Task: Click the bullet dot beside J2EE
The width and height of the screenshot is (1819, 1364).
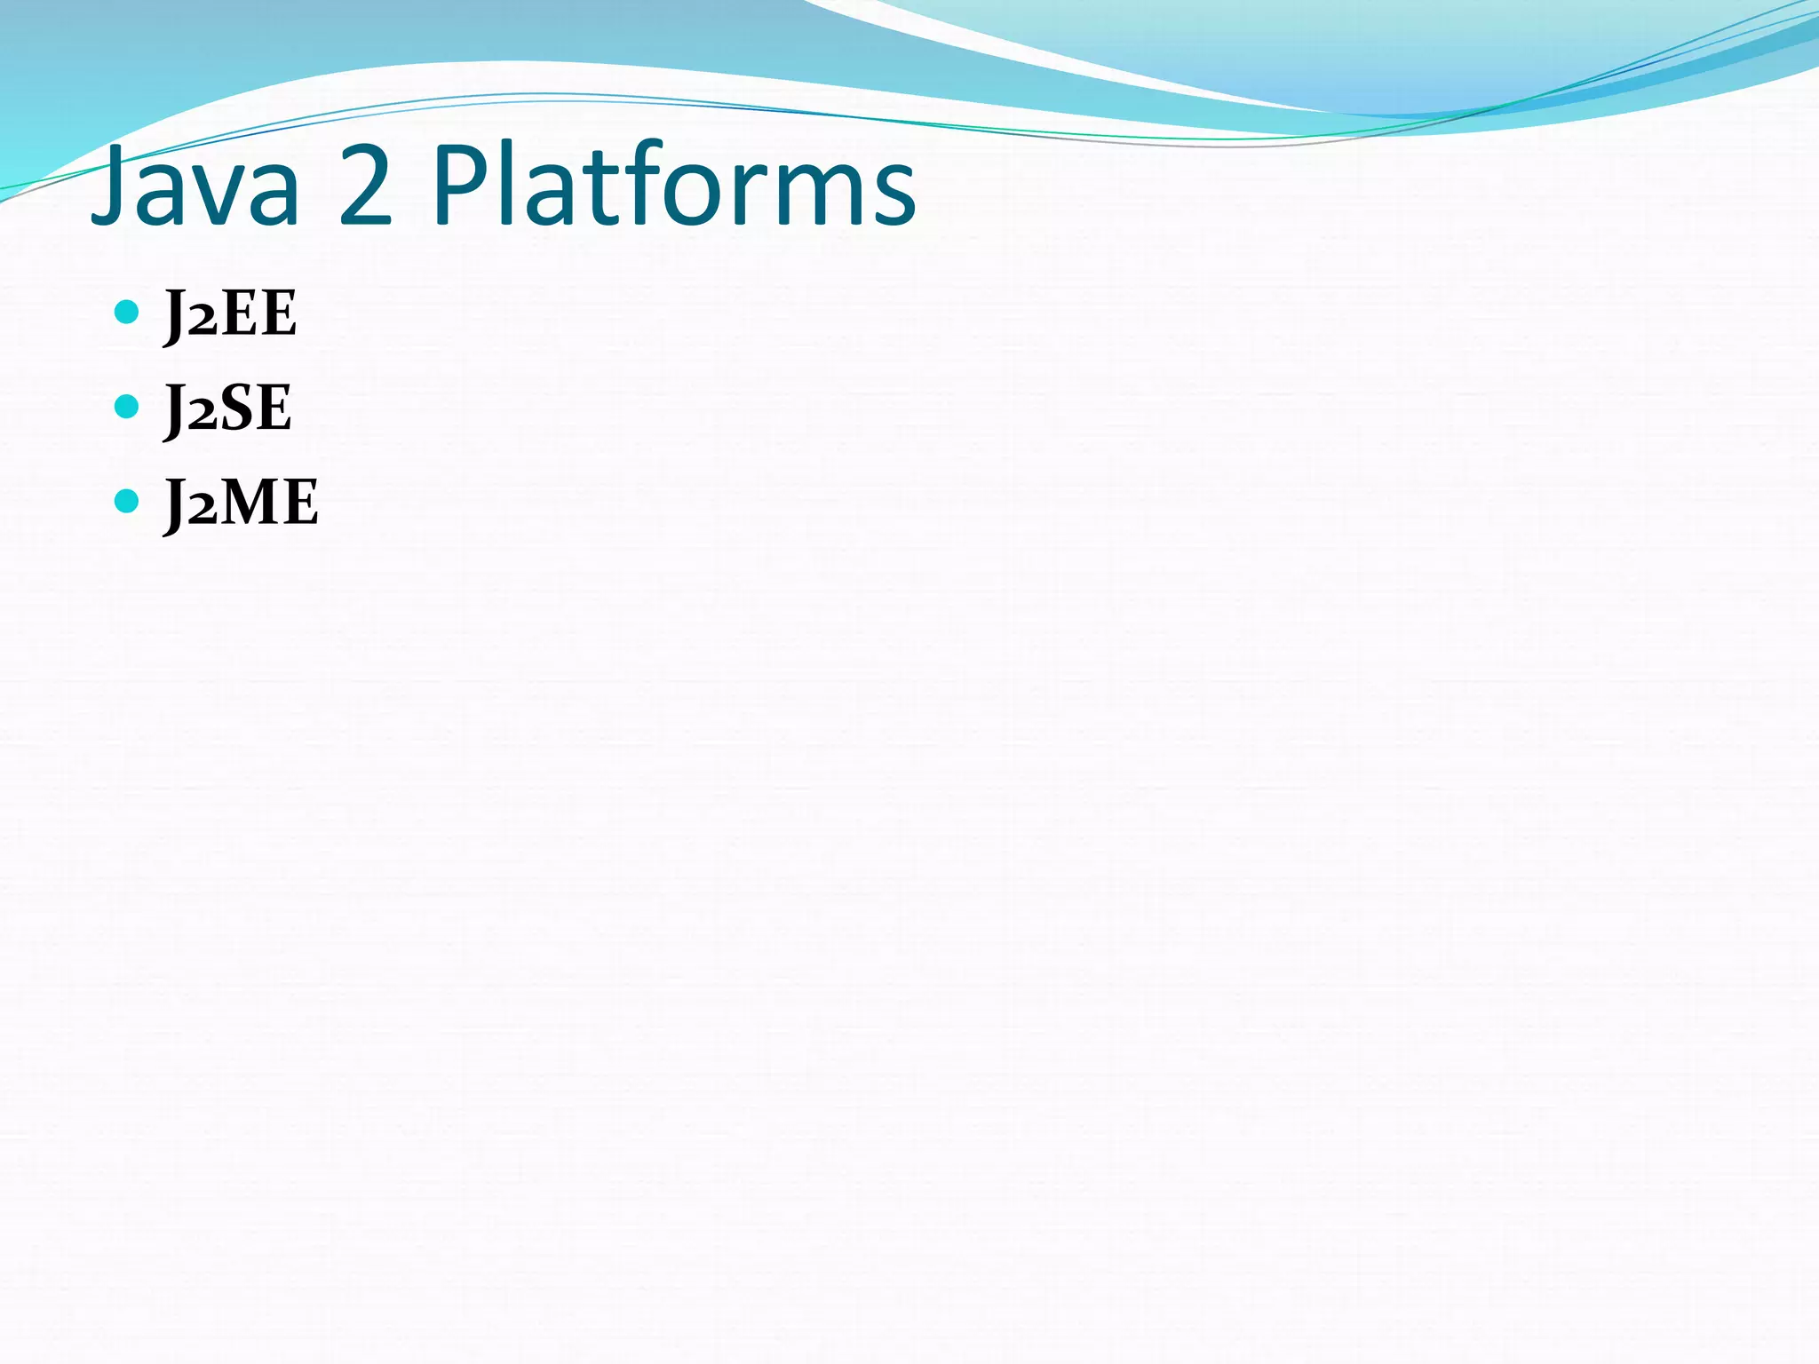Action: pyautogui.click(x=127, y=312)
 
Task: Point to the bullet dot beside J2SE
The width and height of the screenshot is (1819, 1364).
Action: pyautogui.click(x=127, y=407)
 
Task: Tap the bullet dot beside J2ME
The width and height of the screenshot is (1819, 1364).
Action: pyautogui.click(x=127, y=501)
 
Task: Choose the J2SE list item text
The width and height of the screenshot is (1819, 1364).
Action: pyautogui.click(x=228, y=409)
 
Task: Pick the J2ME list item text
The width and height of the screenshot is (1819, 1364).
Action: pyautogui.click(x=242, y=504)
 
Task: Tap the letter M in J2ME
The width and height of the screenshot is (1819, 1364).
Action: pyautogui.click(x=254, y=504)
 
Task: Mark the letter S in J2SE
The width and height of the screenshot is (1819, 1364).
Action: pyautogui.click(x=237, y=409)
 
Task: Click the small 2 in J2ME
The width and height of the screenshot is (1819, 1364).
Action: pyautogui.click(x=202, y=510)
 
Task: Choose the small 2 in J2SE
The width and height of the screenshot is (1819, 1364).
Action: pyautogui.click(x=202, y=415)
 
